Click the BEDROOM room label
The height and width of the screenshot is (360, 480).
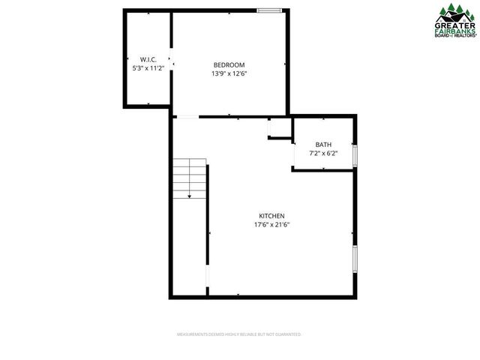[x=229, y=64]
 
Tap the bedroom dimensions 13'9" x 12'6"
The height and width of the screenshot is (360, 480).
[x=229, y=73]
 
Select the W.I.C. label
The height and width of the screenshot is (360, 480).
[x=147, y=59]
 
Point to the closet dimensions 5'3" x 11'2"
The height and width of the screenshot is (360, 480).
[x=147, y=68]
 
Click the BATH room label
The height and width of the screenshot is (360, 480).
[x=323, y=145]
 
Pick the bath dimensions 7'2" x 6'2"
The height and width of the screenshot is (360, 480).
[x=323, y=154]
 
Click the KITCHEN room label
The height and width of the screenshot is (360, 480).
[x=272, y=215]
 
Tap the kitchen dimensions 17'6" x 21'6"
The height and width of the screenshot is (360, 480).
[x=272, y=224]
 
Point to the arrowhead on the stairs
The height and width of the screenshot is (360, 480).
[x=190, y=196]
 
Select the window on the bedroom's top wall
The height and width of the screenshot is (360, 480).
[x=269, y=10]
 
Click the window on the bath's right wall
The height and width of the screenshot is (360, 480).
[x=355, y=154]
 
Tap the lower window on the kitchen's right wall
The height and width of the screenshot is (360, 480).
[x=355, y=259]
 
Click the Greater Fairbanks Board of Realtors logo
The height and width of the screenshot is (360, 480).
[x=456, y=20]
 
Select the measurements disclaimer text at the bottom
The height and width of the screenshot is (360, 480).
[x=238, y=334]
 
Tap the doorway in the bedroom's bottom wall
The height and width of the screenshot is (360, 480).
[x=187, y=116]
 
